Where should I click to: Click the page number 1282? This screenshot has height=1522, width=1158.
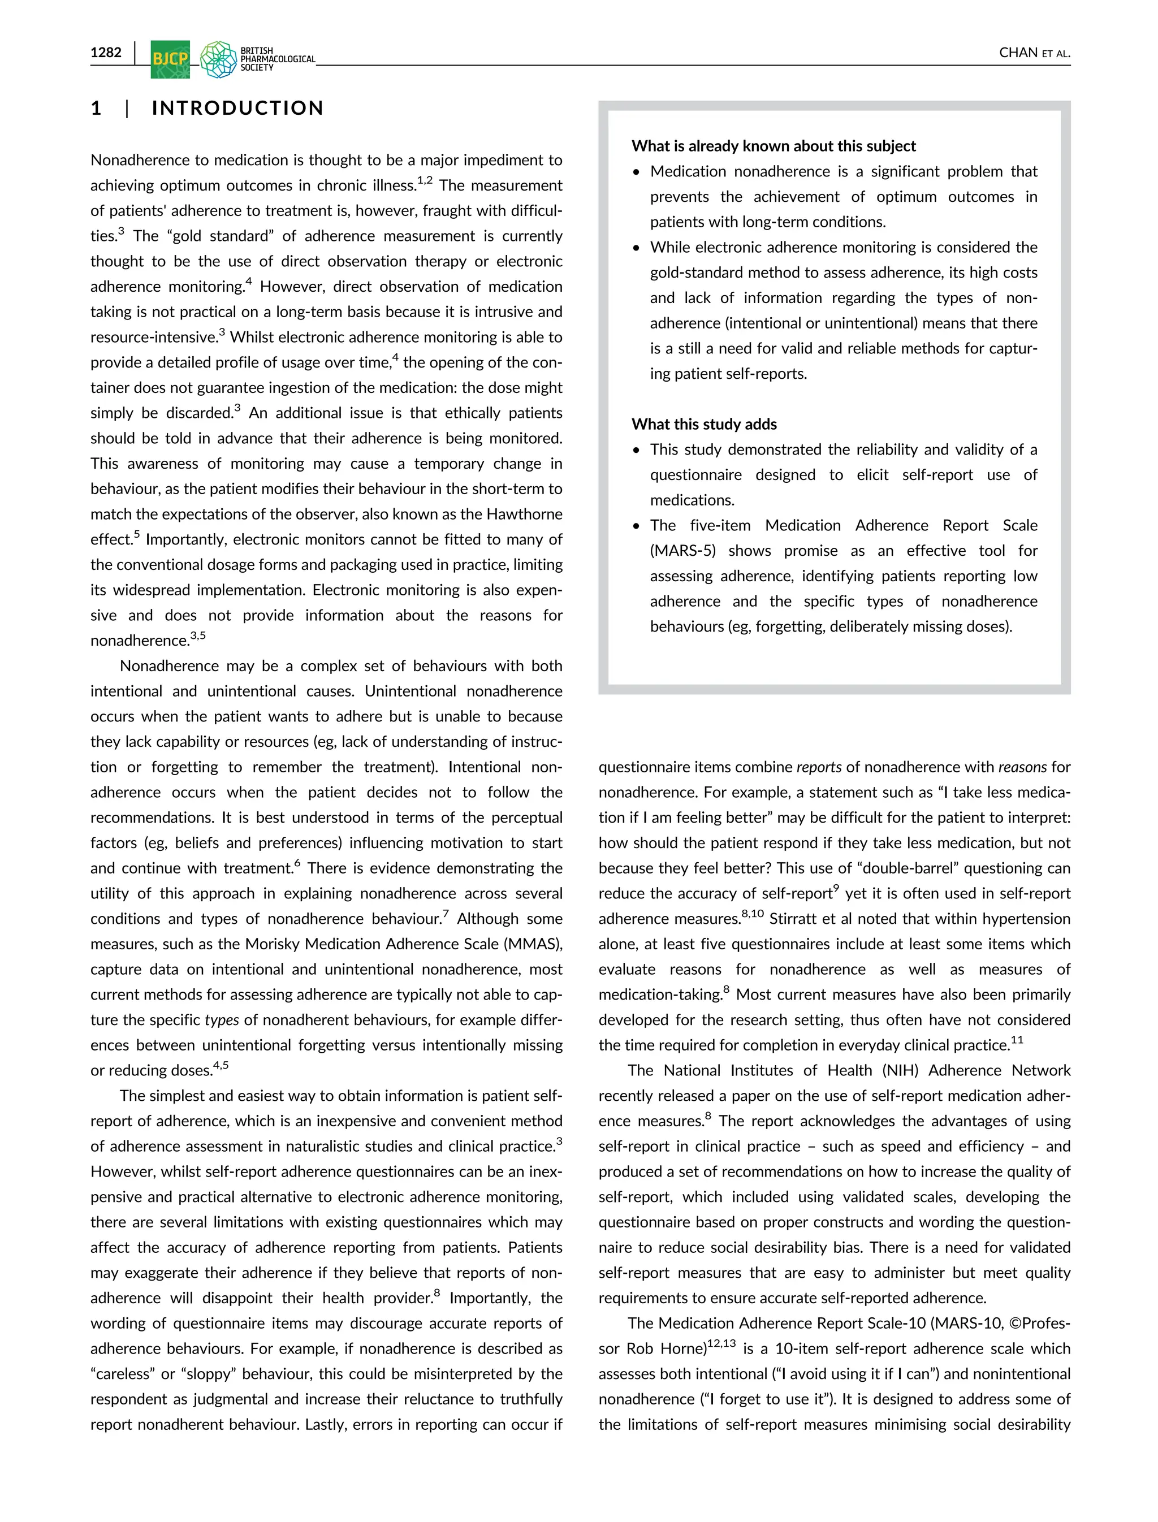point(106,53)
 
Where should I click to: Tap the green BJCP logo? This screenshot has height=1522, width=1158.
point(170,59)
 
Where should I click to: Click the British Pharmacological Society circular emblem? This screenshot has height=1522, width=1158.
point(218,59)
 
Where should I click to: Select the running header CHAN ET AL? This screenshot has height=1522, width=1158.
point(1034,53)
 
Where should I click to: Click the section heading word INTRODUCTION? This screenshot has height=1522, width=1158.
point(237,108)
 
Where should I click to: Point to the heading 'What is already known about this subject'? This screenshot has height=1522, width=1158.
point(774,146)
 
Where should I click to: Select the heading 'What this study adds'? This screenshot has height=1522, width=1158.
point(704,425)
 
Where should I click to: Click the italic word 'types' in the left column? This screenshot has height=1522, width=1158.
point(221,1020)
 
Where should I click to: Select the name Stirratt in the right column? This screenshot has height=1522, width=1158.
point(793,919)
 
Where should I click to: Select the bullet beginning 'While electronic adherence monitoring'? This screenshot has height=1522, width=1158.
point(843,248)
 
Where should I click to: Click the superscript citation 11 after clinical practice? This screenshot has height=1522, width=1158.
point(1017,1040)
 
